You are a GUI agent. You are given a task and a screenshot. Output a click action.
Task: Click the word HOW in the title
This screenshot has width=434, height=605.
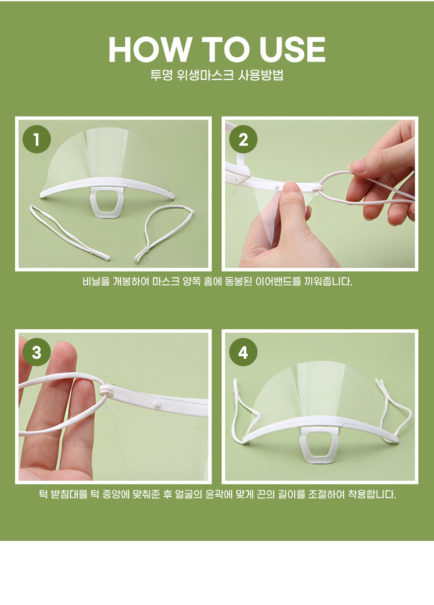point(150,49)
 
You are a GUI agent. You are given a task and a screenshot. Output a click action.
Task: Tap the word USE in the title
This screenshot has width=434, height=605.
point(292,49)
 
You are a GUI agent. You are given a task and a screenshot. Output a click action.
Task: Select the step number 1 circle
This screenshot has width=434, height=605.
point(37,139)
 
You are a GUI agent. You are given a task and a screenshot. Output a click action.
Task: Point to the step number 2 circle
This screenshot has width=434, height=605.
point(243,139)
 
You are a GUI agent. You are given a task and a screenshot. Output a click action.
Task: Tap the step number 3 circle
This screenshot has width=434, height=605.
point(37,352)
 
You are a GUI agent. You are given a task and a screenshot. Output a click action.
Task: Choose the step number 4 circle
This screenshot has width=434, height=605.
point(243,352)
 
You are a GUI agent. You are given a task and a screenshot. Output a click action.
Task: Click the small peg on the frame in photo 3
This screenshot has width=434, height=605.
point(157,404)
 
